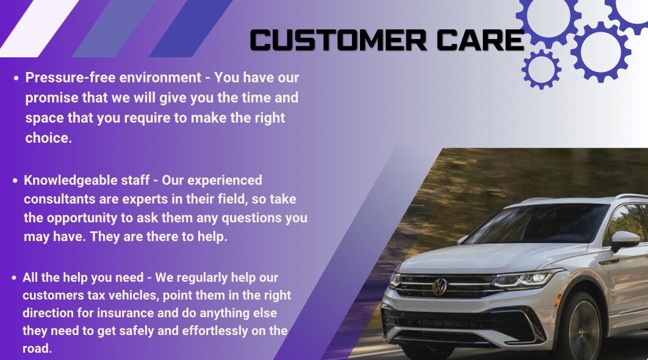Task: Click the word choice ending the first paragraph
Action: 48,138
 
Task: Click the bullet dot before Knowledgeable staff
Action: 15,181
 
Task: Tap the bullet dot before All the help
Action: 14,278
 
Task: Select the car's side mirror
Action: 624,239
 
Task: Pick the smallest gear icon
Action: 541,68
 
